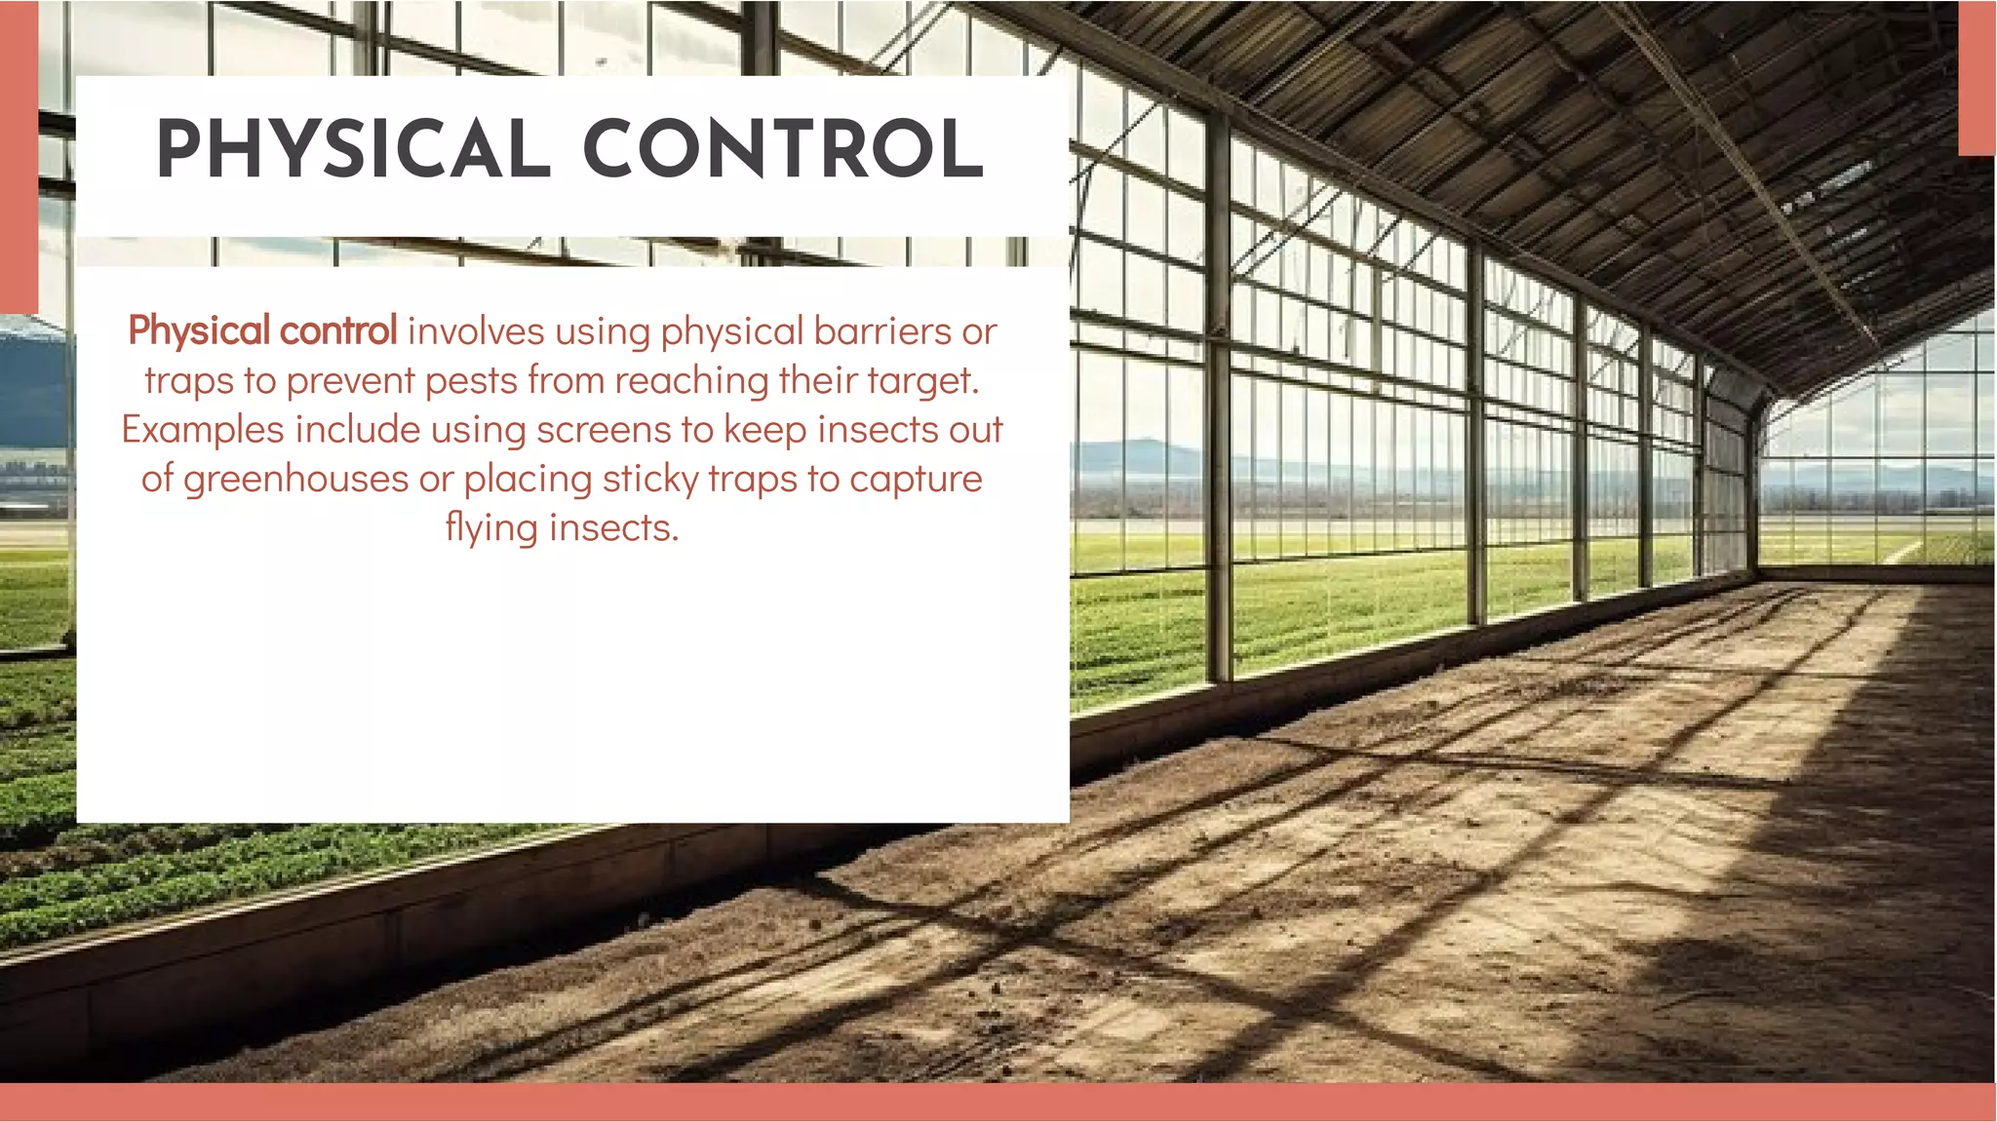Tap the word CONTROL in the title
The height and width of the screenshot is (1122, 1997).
click(783, 150)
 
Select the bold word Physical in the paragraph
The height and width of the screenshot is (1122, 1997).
click(199, 331)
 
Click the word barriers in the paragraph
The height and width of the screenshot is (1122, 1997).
click(882, 331)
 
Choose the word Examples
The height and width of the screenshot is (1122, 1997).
click(203, 430)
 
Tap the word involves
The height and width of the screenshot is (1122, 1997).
click(476, 331)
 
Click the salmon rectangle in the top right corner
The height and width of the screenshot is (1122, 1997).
click(1977, 78)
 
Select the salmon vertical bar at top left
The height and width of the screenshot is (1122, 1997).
click(19, 156)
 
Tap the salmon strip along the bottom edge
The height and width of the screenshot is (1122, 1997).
click(998, 1103)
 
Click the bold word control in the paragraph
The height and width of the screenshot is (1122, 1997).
click(337, 331)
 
